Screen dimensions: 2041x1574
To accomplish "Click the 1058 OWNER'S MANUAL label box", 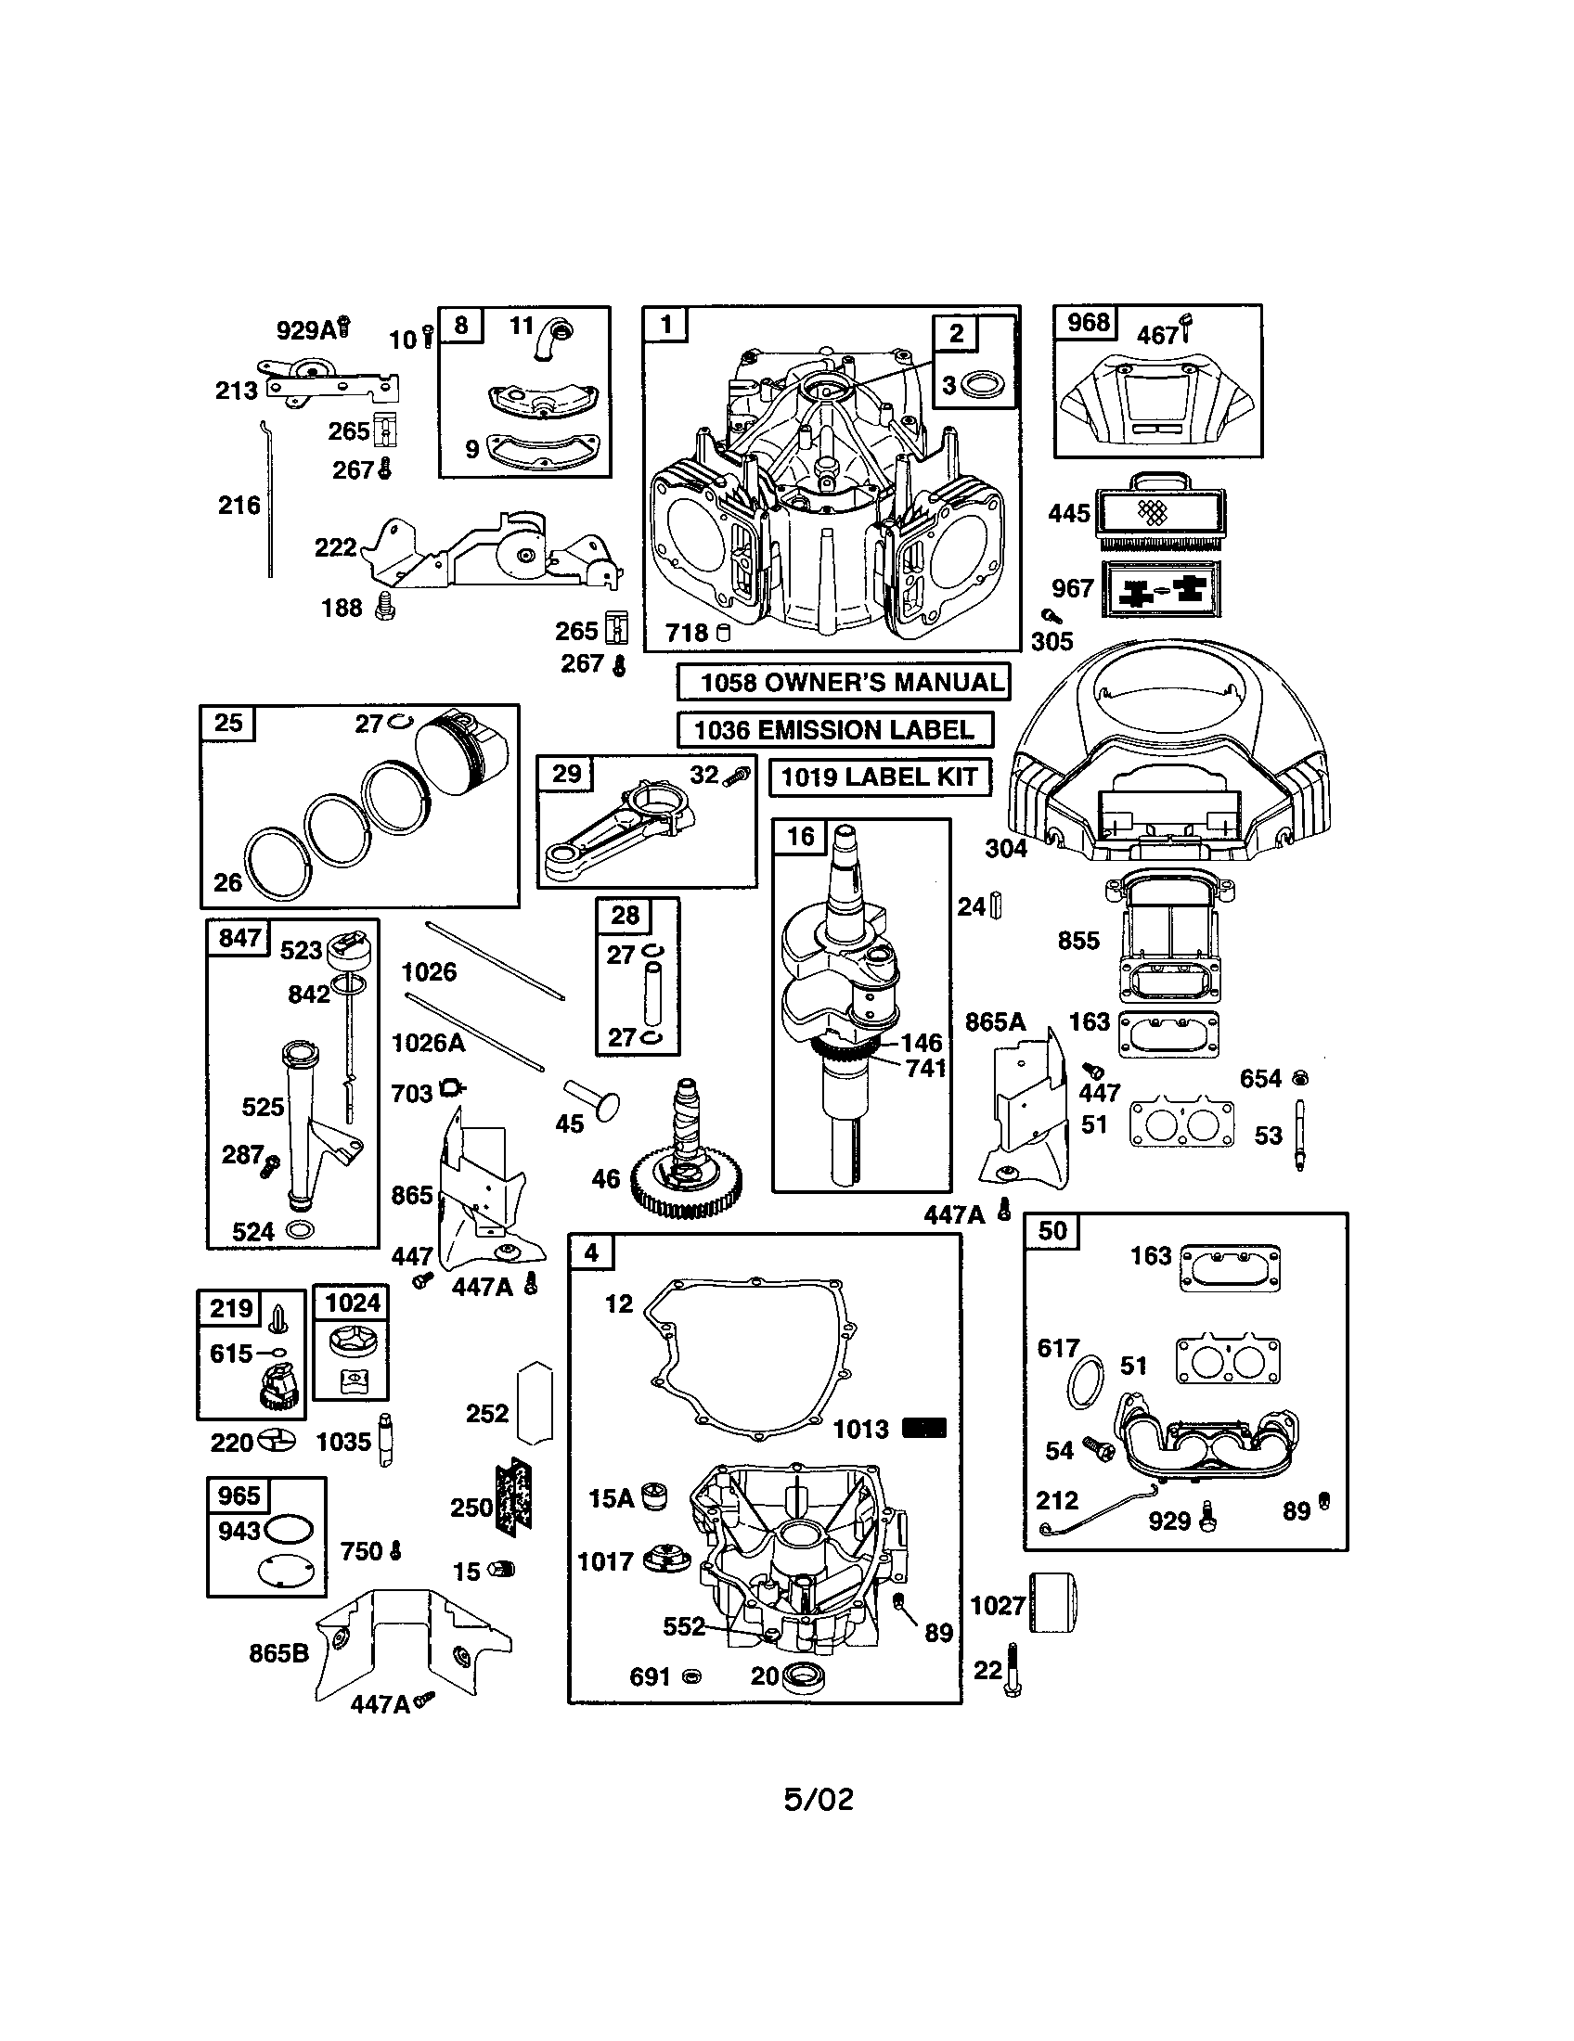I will coord(843,681).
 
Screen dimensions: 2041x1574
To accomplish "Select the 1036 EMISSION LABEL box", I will coord(833,729).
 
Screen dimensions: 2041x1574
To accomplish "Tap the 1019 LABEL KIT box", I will coord(879,777).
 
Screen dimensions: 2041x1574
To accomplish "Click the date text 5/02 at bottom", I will coord(818,1799).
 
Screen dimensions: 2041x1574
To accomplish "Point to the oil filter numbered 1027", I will coord(1053,1602).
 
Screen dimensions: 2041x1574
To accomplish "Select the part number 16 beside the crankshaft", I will coord(800,837).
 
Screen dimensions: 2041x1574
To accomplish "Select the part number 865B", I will coord(278,1653).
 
